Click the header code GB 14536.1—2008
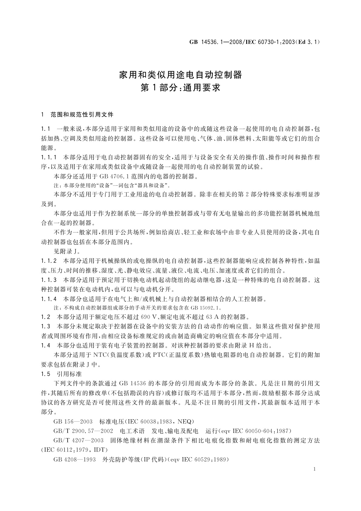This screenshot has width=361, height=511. pyautogui.click(x=216, y=42)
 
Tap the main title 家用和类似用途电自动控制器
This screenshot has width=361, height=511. pyautogui.click(x=180, y=75)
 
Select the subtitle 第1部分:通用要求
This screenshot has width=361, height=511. pyautogui.click(x=180, y=88)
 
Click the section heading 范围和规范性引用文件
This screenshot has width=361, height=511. pyautogui.click(x=82, y=115)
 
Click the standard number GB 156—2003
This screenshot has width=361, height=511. pyautogui.click(x=73, y=421)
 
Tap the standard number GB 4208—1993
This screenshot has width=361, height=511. pyautogui.click(x=73, y=459)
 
